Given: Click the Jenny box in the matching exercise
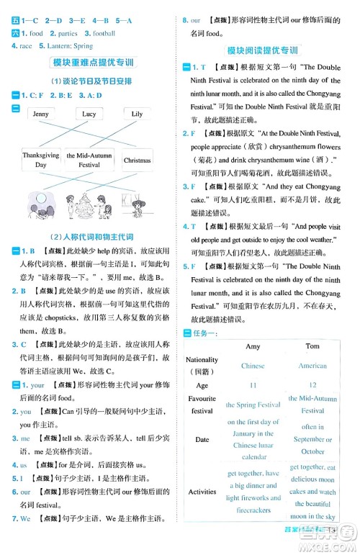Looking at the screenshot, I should click(41, 114).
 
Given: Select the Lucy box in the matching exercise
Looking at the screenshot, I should click(89, 114).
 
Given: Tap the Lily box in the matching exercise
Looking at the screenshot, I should click(137, 114).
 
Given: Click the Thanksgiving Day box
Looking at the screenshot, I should click(41, 160).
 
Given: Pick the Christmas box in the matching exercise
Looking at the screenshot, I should click(137, 161).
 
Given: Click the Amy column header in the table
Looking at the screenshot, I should click(253, 346).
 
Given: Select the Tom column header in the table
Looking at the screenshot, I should click(312, 346).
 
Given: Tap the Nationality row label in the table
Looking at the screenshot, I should click(202, 365).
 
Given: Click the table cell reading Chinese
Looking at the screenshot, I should click(253, 366).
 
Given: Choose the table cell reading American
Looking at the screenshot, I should click(312, 366).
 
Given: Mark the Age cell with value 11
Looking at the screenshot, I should click(253, 385).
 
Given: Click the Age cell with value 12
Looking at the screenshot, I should click(312, 385).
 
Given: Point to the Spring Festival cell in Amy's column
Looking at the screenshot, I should click(253, 405).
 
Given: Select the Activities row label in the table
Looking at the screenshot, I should click(202, 492).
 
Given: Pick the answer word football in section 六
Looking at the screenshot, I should click(104, 34).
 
